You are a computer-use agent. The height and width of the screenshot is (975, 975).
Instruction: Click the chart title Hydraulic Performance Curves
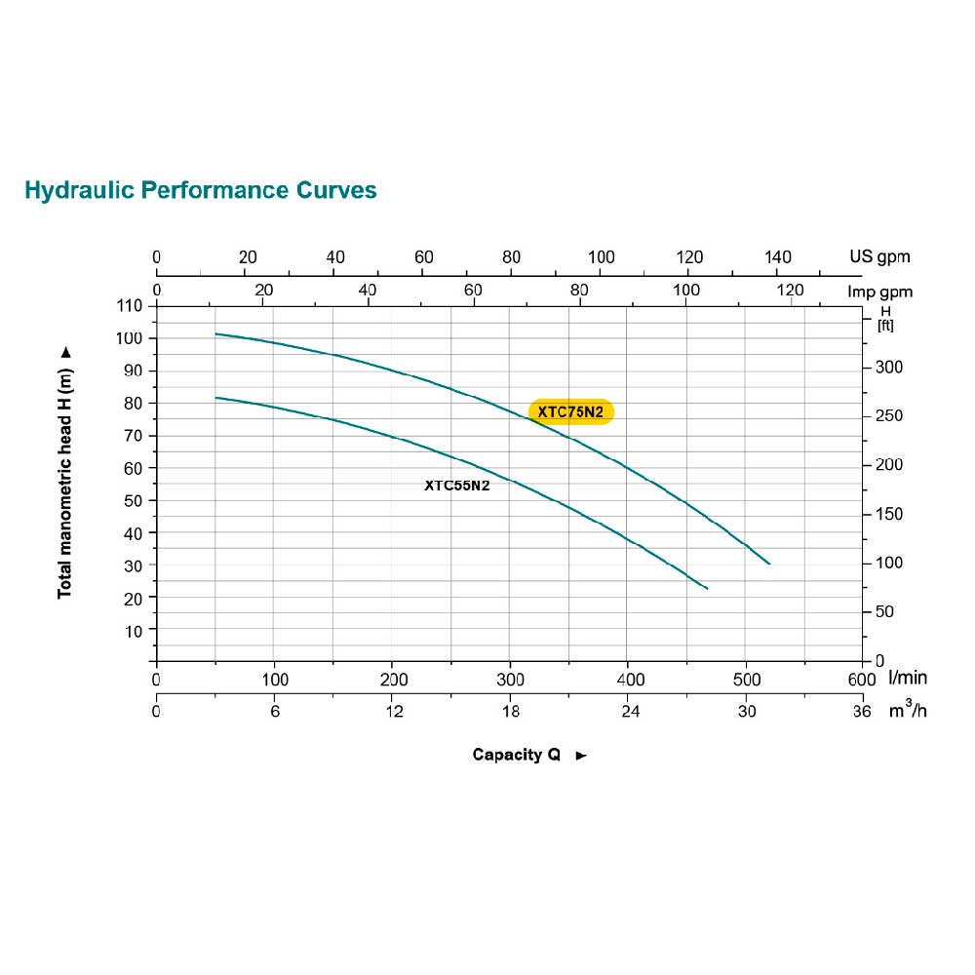pos(200,189)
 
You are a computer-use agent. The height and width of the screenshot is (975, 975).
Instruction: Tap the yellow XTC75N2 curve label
pos(571,412)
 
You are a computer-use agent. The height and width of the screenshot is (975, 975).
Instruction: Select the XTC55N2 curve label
pos(456,485)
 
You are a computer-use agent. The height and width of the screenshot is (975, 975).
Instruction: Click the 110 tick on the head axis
pos(131,306)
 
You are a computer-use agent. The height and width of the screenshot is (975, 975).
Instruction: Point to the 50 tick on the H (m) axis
pos(135,500)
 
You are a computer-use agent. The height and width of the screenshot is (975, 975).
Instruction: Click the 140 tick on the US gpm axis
pos(778,257)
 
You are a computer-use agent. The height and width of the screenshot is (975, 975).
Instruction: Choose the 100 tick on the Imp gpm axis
pos(686,291)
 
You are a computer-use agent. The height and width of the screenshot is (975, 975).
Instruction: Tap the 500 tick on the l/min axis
pos(746,679)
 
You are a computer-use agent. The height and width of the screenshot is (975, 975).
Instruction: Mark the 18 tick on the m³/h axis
pos(511,712)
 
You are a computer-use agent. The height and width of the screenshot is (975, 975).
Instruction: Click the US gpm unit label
pos(878,257)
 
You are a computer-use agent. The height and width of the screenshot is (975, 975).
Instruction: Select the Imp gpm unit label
pos(878,292)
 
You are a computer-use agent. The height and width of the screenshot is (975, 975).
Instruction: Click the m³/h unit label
pos(907,711)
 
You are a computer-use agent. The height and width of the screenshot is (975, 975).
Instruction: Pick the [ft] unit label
pos(885,325)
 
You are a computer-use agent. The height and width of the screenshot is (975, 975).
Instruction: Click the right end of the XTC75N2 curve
pos(769,564)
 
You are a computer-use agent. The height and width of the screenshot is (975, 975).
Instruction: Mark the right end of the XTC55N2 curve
pos(707,588)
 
